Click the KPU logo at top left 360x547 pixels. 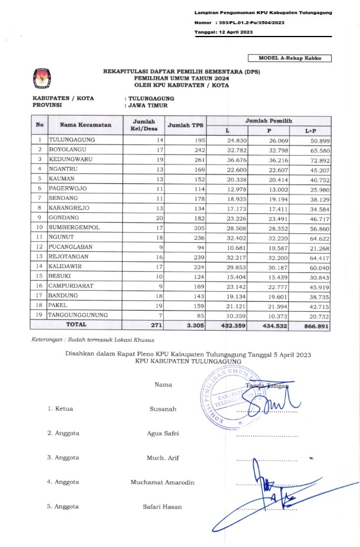(x=42, y=77)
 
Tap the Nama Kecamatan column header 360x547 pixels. (x=85, y=125)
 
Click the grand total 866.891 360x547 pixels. (x=314, y=324)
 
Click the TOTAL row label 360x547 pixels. (x=75, y=324)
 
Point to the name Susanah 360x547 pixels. (x=163, y=408)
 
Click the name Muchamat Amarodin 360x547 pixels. (x=163, y=482)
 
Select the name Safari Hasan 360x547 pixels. (x=163, y=507)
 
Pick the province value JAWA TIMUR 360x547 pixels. (x=148, y=106)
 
